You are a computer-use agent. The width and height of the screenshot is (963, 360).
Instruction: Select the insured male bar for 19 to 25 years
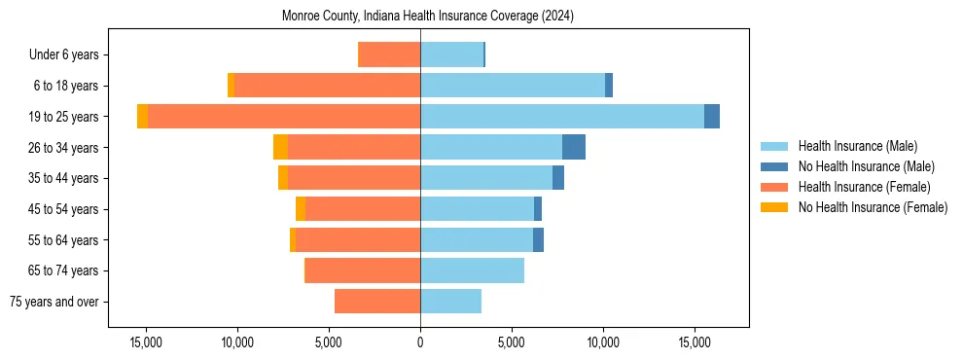click(562, 117)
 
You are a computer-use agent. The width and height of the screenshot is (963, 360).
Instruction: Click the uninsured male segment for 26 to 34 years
click(574, 147)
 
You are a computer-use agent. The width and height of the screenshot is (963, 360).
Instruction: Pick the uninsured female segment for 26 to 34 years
click(280, 147)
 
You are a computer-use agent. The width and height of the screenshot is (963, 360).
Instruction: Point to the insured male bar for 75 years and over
click(450, 302)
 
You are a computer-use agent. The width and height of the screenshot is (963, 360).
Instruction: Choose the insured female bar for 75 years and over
click(377, 302)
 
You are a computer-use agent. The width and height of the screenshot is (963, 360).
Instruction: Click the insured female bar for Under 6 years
click(389, 54)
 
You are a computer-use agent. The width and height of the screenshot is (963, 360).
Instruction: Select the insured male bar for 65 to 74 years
click(472, 270)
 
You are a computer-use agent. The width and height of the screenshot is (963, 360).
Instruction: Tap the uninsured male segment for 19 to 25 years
click(712, 117)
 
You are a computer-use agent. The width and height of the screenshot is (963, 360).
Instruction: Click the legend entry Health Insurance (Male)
click(857, 146)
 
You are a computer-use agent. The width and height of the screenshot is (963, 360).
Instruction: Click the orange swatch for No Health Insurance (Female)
click(775, 207)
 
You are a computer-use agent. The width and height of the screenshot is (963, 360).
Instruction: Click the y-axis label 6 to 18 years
click(66, 86)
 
